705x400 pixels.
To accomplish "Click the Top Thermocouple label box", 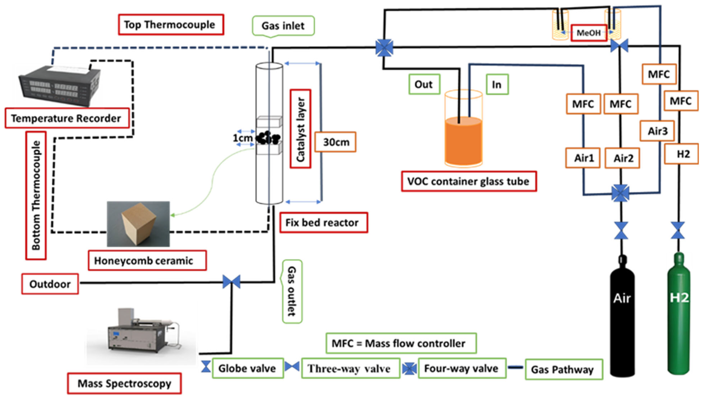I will click(171, 25).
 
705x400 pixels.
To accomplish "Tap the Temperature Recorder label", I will click(67, 118).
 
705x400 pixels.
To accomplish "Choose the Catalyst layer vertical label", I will click(301, 129).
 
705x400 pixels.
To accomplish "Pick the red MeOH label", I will click(588, 33).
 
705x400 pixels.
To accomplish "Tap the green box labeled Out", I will click(424, 84).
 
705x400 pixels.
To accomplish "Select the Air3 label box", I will click(657, 131).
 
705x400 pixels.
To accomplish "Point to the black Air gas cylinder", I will click(622, 316).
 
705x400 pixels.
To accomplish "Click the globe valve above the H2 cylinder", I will click(678, 230).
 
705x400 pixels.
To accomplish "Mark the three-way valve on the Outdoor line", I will click(231, 282).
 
